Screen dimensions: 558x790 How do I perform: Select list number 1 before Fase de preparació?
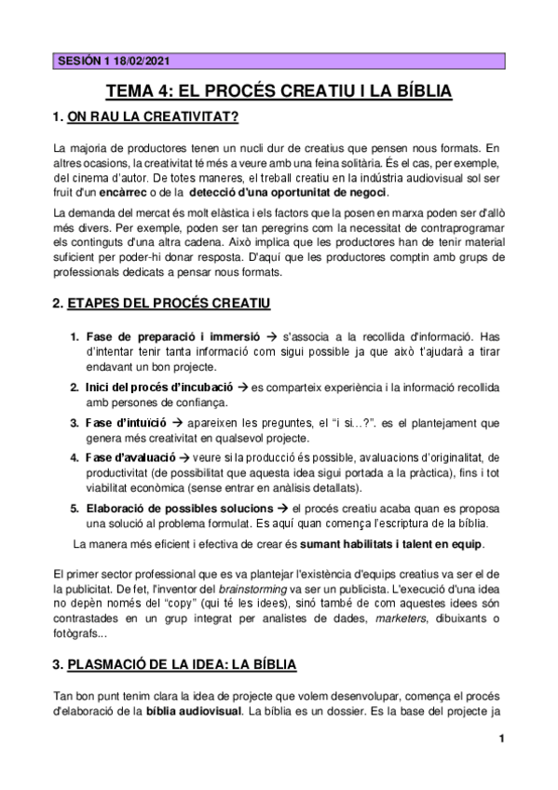[75, 336]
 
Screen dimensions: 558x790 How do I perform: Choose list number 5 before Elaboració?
[75, 509]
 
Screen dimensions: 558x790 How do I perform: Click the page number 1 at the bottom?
[500, 741]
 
